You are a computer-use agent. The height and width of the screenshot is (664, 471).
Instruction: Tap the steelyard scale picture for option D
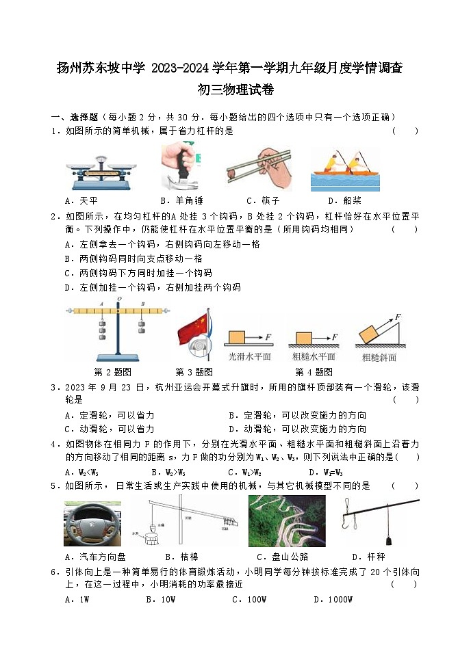376,522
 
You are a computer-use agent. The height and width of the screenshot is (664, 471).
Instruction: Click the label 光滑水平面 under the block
248,356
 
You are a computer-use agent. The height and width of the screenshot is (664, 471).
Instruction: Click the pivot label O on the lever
119,300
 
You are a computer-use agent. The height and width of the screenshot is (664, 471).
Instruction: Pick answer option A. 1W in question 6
77,600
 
